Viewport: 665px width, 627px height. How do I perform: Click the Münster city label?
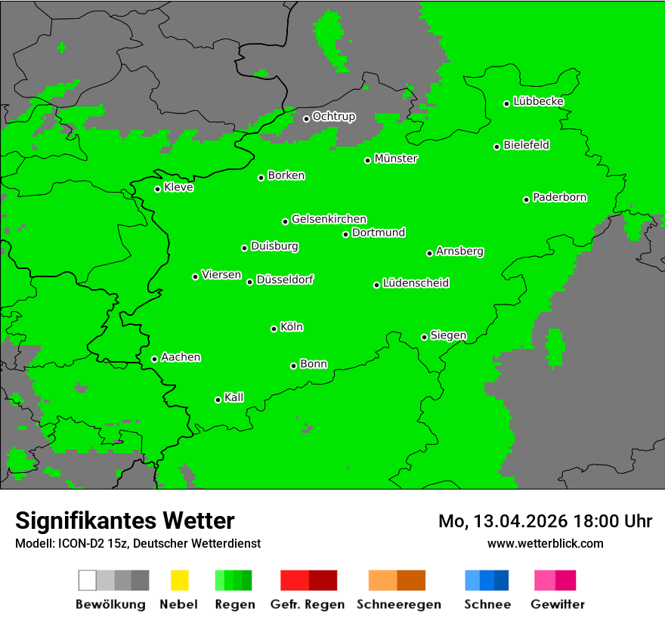pos(396,159)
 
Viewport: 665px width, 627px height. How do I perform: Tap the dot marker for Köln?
pos(274,329)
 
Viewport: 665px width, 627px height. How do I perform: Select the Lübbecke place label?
pos(538,101)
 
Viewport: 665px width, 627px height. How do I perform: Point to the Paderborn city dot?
pos(526,199)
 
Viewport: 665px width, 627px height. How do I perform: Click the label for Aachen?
pos(181,357)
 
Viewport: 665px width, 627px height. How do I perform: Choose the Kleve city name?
pos(178,187)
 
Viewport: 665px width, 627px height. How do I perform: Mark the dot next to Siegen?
pos(424,337)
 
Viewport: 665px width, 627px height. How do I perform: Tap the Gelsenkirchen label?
pos(329,219)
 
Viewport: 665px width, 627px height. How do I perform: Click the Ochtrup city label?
pos(333,116)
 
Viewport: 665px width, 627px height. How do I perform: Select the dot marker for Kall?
pos(218,400)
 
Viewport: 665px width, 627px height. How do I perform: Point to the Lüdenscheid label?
pos(416,283)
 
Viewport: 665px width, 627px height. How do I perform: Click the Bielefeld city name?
pos(526,145)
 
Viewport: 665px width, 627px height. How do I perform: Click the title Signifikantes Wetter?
pos(125,520)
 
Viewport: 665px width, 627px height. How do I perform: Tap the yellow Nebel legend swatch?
pos(179,580)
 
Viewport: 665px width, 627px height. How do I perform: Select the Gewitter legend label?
pos(558,604)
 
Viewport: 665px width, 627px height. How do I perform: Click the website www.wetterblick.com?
pos(545,543)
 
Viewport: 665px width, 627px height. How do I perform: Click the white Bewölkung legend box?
pos(87,580)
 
